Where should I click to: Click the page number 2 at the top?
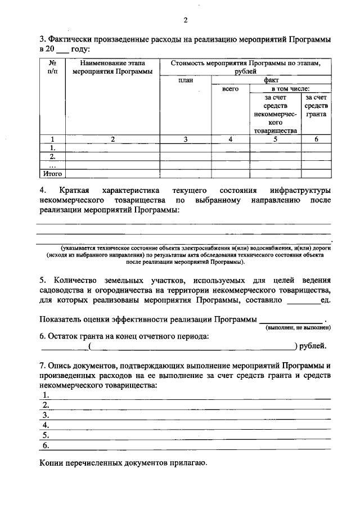pyautogui.click(x=185, y=20)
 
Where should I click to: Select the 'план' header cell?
pyautogui.click(x=185, y=80)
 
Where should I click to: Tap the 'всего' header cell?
pyautogui.click(x=231, y=89)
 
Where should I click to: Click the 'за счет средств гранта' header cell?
pyautogui.click(x=316, y=106)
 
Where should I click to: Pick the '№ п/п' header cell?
pyautogui.click(x=52, y=67)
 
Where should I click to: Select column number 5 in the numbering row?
pyautogui.click(x=276, y=139)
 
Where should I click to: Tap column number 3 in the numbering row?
pyautogui.click(x=185, y=139)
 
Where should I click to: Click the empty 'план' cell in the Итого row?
pyautogui.click(x=185, y=174)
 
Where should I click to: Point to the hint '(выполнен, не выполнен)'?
pyautogui.click(x=298, y=327)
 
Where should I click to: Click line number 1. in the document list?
pyautogui.click(x=46, y=395)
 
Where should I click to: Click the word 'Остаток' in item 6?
pyautogui.click(x=69, y=336)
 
